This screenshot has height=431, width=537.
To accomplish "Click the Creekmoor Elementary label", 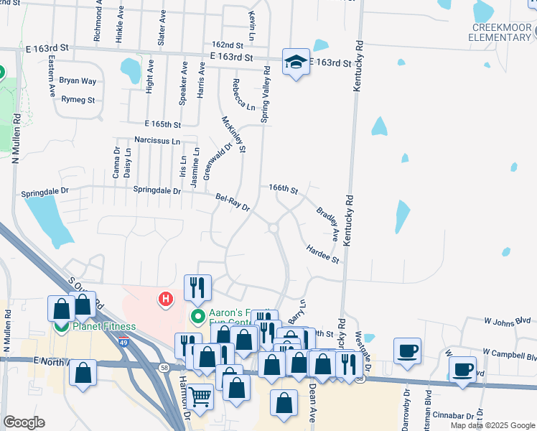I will [501, 32].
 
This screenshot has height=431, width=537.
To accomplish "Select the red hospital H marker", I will [167, 297].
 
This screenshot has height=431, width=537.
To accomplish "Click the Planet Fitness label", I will [103, 327].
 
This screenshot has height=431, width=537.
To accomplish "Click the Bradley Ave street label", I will [327, 223].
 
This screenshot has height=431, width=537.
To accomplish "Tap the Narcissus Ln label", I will [157, 141].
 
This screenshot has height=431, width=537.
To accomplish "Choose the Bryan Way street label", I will [78, 81].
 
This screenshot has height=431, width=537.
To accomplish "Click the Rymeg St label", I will [78, 100].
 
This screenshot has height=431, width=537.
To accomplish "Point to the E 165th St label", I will [162, 124].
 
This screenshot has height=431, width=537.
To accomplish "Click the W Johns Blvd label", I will [507, 321].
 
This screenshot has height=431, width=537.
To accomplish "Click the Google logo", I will [24, 422].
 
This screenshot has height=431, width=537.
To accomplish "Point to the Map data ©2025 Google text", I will [491, 425].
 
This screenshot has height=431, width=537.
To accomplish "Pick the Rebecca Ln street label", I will [243, 95].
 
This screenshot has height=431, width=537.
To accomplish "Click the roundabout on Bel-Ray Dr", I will [274, 228].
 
